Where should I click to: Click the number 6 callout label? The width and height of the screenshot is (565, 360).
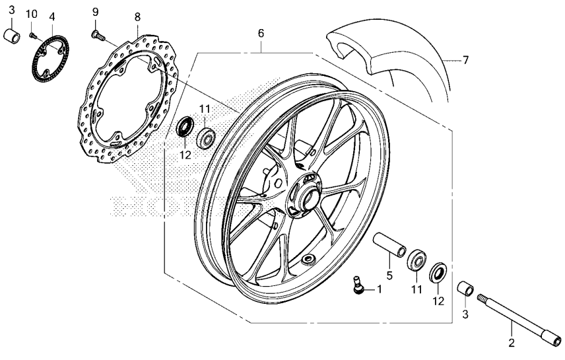pos(261,33)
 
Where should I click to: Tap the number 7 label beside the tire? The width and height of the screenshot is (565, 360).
pos(465,60)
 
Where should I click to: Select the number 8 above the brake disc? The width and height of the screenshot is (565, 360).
pos(137,17)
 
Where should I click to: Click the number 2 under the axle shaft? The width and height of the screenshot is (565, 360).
pos(512,343)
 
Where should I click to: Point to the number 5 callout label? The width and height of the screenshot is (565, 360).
pos(389,276)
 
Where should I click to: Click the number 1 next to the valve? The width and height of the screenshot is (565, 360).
pos(379,289)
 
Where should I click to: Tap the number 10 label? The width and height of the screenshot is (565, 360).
pos(31,14)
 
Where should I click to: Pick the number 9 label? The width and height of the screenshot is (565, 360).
pos(95,13)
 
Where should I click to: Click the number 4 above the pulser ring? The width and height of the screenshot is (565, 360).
pos(52,17)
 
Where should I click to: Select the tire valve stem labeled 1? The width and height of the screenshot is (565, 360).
pos(358,285)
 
